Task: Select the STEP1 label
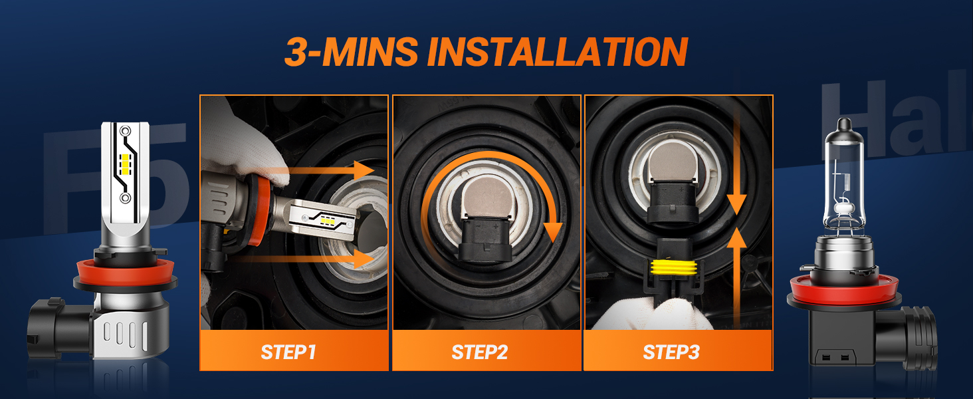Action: (288, 352)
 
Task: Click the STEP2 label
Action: (480, 352)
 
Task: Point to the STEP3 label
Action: (671, 352)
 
